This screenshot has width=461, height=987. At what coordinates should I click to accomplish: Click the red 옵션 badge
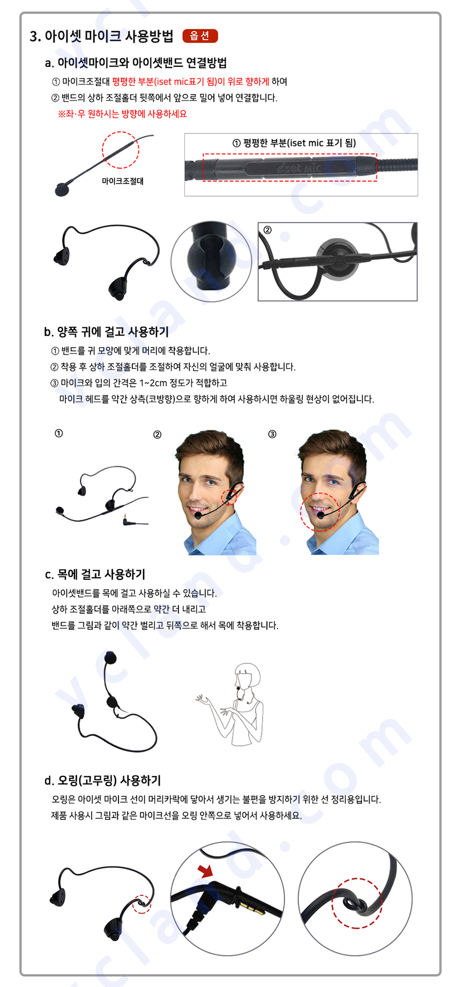[x=200, y=36]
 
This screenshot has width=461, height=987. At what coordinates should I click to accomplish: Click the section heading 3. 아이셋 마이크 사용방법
[x=102, y=36]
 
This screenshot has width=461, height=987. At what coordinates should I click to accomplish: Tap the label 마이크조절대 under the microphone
[x=123, y=181]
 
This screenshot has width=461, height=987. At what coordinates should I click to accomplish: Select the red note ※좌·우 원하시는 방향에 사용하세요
[x=122, y=114]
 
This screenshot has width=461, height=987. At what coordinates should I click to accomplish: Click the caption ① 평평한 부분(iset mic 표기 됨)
[x=294, y=143]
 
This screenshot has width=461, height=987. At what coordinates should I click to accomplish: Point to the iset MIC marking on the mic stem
[x=300, y=168]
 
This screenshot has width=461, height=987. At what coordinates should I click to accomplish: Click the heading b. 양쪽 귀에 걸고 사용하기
[x=106, y=332]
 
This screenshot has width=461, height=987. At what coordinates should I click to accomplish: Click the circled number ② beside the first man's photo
[x=157, y=435]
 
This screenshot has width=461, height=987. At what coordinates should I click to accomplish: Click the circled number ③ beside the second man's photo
[x=272, y=434]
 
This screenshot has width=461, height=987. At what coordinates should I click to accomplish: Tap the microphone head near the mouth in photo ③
[x=321, y=515]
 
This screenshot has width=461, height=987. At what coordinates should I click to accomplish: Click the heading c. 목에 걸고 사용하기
[x=95, y=574]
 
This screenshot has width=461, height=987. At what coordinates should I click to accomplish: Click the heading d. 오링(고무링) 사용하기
[x=102, y=780]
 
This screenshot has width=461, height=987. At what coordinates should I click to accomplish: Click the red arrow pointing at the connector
[x=205, y=871]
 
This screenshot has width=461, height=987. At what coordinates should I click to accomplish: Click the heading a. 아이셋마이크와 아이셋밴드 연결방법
[x=136, y=63]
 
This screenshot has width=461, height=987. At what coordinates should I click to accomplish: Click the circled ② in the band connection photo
[x=267, y=230]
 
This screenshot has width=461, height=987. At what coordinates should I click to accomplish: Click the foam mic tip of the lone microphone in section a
[x=62, y=190]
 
